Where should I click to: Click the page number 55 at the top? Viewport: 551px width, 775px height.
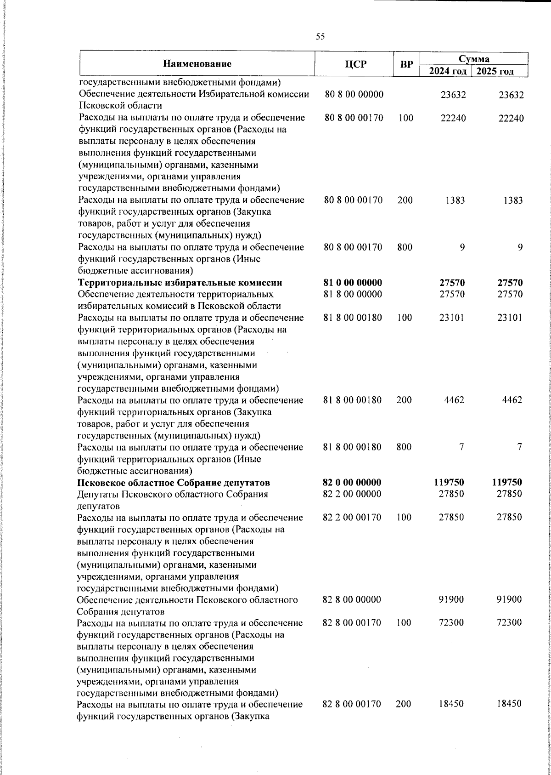(x=320, y=37)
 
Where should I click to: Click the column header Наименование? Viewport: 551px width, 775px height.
(x=197, y=63)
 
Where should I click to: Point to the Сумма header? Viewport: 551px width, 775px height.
(x=474, y=58)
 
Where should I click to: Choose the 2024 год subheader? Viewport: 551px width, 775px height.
(x=448, y=71)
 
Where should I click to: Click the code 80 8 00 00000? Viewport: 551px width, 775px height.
(x=354, y=95)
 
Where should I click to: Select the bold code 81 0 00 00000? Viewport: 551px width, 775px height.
(x=353, y=282)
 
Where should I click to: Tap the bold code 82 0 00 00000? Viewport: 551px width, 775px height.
(x=353, y=482)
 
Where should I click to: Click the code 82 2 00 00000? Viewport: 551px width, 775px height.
(x=352, y=494)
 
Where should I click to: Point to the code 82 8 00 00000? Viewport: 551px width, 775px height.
(x=352, y=599)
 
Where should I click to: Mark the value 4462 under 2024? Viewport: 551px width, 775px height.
(x=454, y=400)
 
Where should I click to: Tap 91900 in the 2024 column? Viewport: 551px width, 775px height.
(x=452, y=599)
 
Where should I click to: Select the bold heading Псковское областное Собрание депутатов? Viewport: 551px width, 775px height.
(x=174, y=482)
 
